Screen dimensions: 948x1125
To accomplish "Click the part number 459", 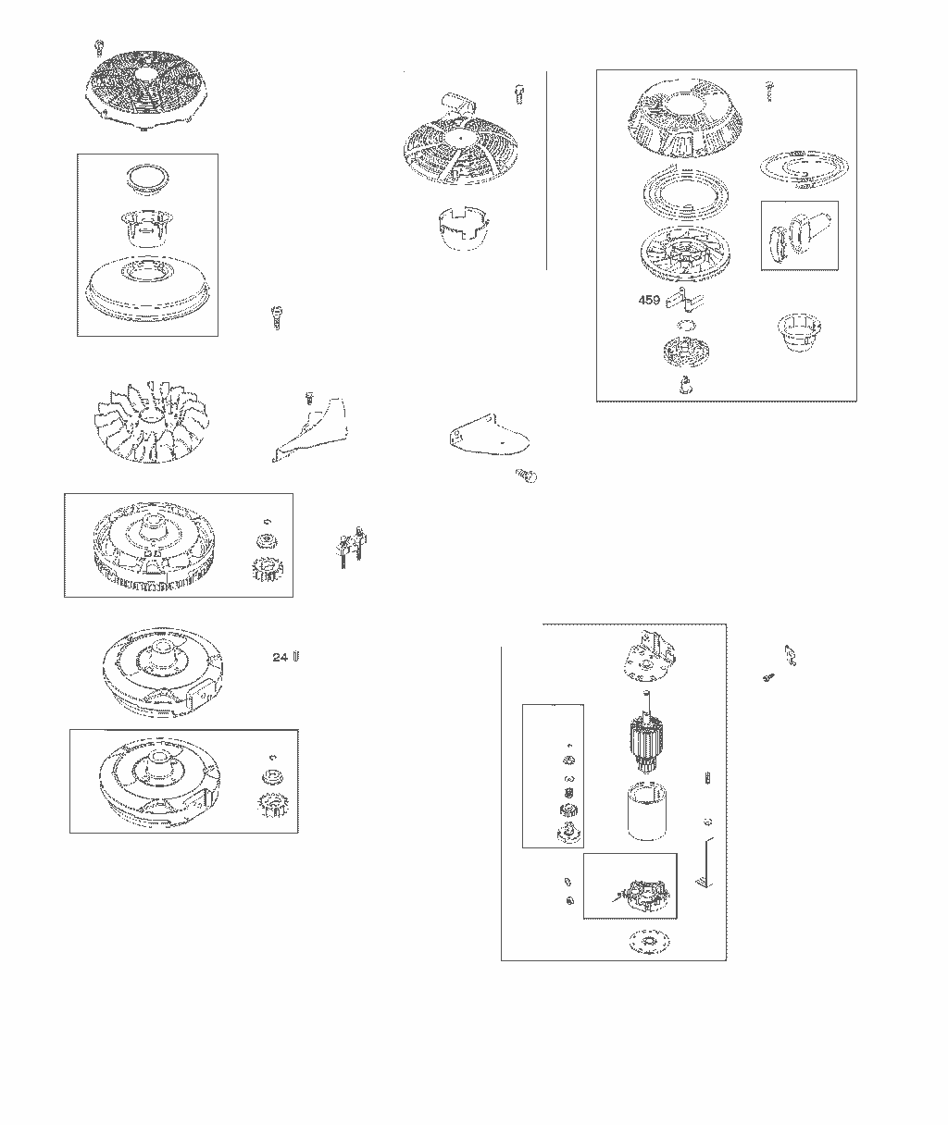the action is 649,300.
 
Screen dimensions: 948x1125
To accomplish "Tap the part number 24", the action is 280,657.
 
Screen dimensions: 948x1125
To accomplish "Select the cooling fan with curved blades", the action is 152,422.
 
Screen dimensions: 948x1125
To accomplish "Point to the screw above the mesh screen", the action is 99,47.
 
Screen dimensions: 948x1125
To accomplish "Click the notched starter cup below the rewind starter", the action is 463,228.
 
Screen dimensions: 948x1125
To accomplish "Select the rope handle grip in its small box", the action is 800,236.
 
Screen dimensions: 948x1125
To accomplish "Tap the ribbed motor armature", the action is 647,734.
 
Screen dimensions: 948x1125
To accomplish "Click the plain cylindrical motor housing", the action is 647,811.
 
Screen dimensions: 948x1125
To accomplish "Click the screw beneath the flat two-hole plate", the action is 527,476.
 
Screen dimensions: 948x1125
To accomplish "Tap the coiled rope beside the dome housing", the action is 804,168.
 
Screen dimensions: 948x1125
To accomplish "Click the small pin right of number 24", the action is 295,656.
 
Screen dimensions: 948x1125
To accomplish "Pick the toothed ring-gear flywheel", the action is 155,545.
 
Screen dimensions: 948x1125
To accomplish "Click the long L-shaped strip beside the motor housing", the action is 705,863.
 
